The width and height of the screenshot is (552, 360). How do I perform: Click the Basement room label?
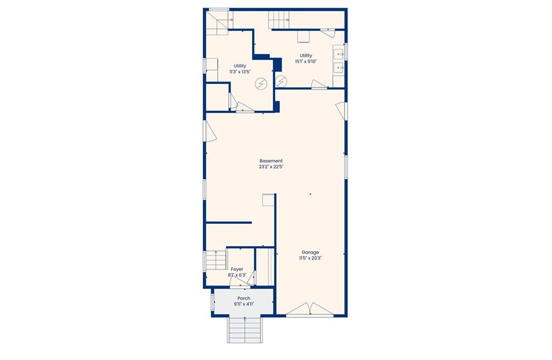(271, 161)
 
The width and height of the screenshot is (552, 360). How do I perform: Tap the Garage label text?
(310, 252)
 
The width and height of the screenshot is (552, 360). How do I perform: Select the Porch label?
(244, 298)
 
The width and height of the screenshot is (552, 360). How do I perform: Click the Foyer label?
(237, 269)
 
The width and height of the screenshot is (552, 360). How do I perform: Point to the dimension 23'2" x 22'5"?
(271, 167)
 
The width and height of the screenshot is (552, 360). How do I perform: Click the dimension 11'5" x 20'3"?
(310, 258)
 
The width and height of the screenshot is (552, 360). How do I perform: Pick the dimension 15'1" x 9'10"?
(306, 61)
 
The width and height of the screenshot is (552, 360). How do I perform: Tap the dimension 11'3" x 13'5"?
(240, 72)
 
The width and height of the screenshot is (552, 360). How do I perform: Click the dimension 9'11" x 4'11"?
(244, 304)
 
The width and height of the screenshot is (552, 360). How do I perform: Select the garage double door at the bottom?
(310, 310)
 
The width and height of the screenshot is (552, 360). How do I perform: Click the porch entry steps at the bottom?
(245, 330)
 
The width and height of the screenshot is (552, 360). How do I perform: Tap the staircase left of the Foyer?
(215, 260)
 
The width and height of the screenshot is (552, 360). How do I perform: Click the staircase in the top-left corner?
(217, 22)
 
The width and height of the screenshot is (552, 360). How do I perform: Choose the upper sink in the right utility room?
(339, 54)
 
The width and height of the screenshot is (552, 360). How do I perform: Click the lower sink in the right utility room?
(339, 67)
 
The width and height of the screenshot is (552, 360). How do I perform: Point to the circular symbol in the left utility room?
(261, 84)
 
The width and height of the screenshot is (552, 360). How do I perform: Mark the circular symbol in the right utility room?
(281, 81)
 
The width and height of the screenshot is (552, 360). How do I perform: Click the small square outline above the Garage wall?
(268, 200)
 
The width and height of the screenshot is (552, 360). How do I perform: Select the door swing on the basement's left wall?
(211, 131)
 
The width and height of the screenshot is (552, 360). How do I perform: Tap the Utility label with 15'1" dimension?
(306, 56)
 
